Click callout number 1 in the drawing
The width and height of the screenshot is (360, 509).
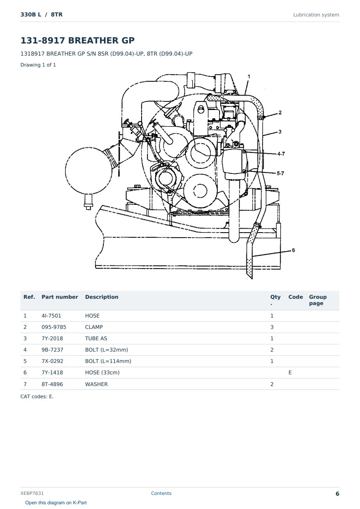pyautogui.click(x=249, y=77)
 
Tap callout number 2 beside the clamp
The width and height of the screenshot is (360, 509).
pyautogui.click(x=280, y=112)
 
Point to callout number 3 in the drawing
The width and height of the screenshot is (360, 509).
pyautogui.click(x=280, y=132)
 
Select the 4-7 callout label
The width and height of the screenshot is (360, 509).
pyautogui.click(x=281, y=154)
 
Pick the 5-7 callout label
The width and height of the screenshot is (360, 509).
pyautogui.click(x=281, y=173)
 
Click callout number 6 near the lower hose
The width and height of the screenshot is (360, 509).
pyautogui.click(x=293, y=250)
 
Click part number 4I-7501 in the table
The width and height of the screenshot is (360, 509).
pyautogui.click(x=51, y=316)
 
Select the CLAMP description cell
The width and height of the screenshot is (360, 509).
pyautogui.click(x=94, y=327)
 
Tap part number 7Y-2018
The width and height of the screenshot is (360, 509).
pyautogui.click(x=52, y=338)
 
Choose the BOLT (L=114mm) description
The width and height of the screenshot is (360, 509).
pyautogui.click(x=108, y=361)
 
